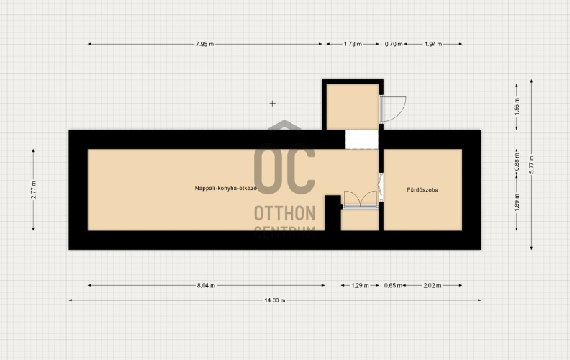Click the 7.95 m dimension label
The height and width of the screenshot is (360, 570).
pos(204,44)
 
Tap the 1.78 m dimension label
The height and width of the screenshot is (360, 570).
pos(353,44)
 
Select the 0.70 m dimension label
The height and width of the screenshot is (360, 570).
pos(394,44)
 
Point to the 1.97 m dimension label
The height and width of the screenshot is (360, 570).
pos(433,44)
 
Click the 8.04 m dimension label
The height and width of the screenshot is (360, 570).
pos(206,285)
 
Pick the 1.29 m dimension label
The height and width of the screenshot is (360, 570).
pos(360,285)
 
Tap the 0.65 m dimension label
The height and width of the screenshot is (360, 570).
pos(394,285)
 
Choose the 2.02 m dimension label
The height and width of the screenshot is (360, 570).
pos(433,285)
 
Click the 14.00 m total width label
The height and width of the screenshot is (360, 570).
pos(275,300)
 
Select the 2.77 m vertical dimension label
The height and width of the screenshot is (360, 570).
pos(33,189)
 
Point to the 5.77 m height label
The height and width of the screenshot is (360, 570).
pos(531,164)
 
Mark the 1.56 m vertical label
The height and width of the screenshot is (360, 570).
pos(517,106)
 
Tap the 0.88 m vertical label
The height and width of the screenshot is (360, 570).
pos(517,161)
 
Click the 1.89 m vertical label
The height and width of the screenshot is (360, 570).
pos(517,202)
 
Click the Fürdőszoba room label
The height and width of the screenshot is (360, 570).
pos(422,190)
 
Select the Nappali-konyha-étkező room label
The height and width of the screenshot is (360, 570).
pos(226,189)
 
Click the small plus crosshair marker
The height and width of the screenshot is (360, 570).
pos(273,104)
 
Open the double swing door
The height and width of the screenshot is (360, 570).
pos(361,199)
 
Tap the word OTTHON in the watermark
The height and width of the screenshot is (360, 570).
pos(284,213)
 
